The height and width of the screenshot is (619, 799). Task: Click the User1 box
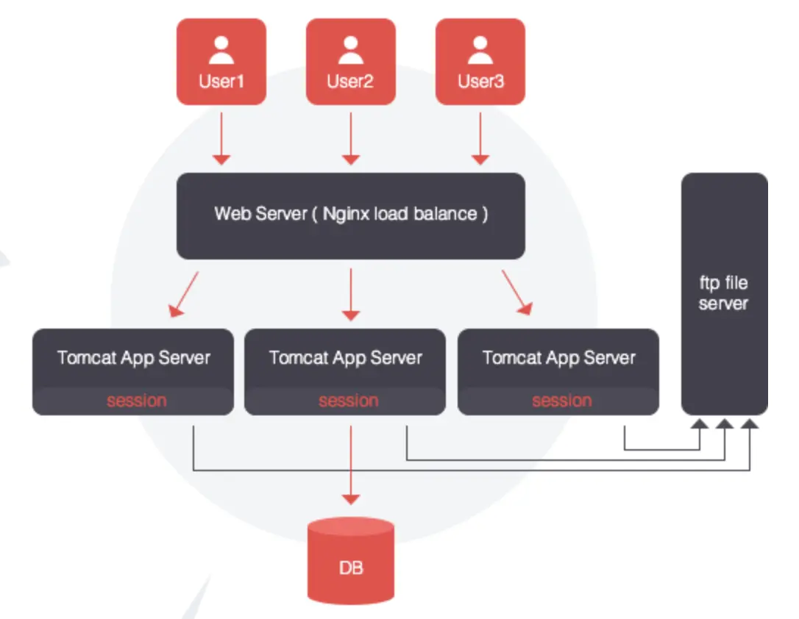click(x=221, y=62)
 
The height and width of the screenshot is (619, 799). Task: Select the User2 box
click(x=350, y=62)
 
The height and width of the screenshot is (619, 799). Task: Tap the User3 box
click(x=480, y=62)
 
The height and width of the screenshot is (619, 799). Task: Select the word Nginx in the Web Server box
click(x=345, y=214)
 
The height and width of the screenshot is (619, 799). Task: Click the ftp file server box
click(x=724, y=293)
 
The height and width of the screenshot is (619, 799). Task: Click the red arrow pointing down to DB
click(x=351, y=463)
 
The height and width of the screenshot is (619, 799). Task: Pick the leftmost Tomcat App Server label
click(x=134, y=358)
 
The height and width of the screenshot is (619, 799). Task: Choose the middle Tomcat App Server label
click(x=345, y=358)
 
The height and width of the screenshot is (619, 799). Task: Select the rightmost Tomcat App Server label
click(x=558, y=358)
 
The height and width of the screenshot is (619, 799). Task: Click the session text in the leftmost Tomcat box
click(x=136, y=401)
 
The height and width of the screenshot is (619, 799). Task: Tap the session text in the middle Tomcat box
click(x=348, y=401)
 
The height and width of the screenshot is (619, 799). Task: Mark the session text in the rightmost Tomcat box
click(x=561, y=401)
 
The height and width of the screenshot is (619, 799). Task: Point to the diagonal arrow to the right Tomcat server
click(x=517, y=293)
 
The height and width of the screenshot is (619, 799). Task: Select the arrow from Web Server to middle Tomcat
click(x=351, y=294)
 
